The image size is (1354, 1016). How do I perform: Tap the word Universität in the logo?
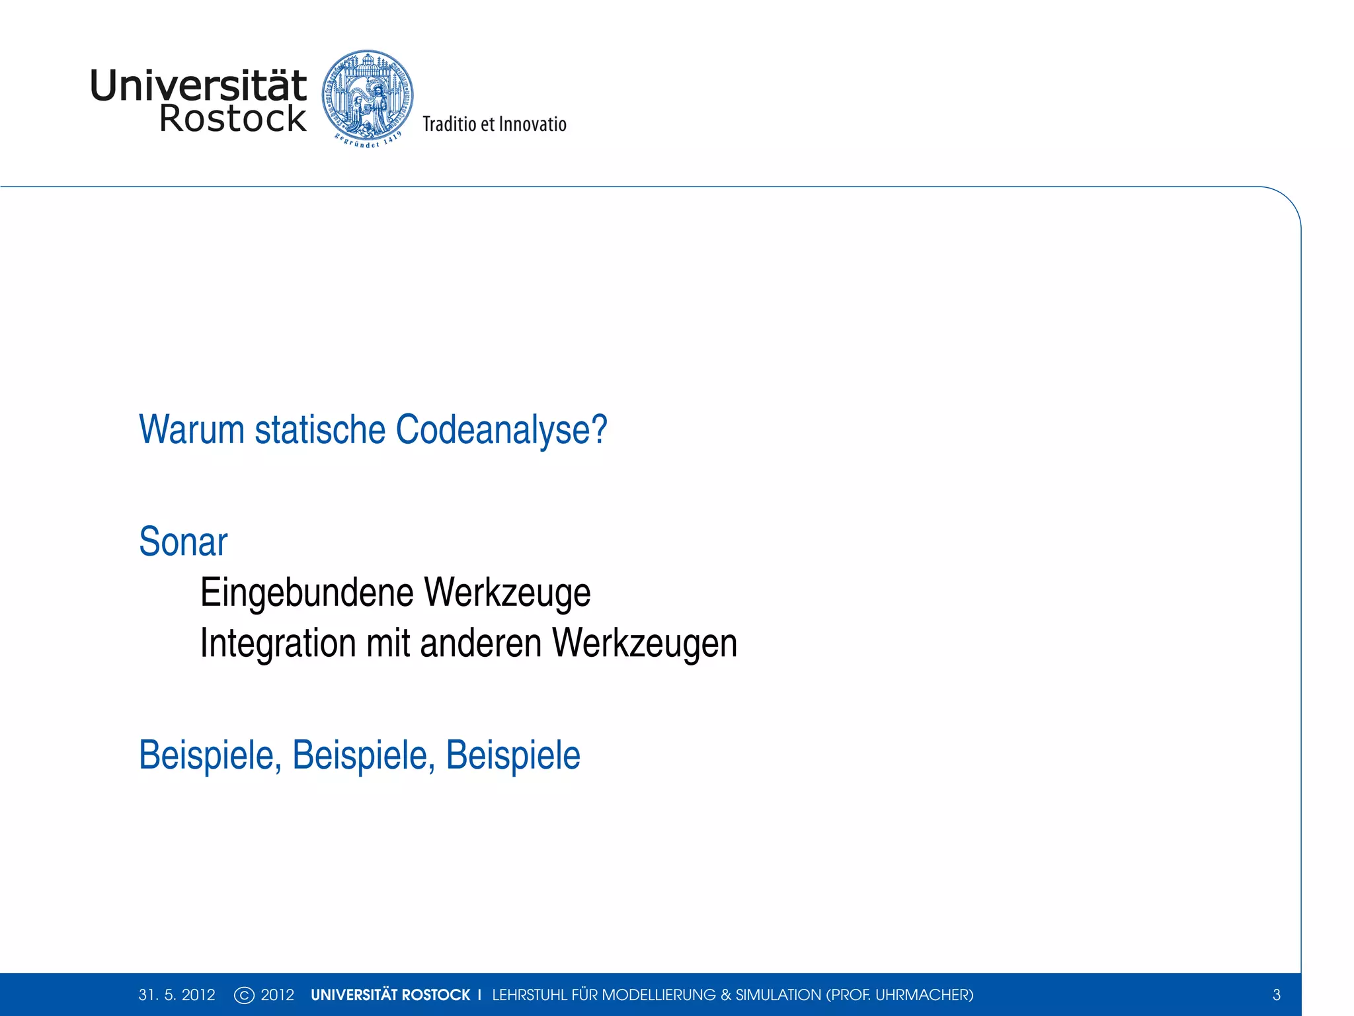[198, 86]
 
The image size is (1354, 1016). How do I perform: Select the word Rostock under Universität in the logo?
[233, 119]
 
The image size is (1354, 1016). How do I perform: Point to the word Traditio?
[449, 124]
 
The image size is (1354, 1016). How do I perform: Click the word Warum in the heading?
[192, 430]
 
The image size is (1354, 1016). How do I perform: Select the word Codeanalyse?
[500, 430]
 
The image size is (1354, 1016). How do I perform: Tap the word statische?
[320, 430]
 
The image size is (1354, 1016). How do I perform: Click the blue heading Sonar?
[183, 542]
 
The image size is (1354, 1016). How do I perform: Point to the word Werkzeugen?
[645, 644]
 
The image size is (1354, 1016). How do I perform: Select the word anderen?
[481, 642]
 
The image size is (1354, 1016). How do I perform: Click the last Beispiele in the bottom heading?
[513, 755]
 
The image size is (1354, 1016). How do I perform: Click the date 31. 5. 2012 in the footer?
[177, 995]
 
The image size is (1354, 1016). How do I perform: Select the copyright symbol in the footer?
[244, 995]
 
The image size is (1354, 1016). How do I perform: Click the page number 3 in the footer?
[1277, 995]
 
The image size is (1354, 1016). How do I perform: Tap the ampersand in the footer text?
[725, 995]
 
